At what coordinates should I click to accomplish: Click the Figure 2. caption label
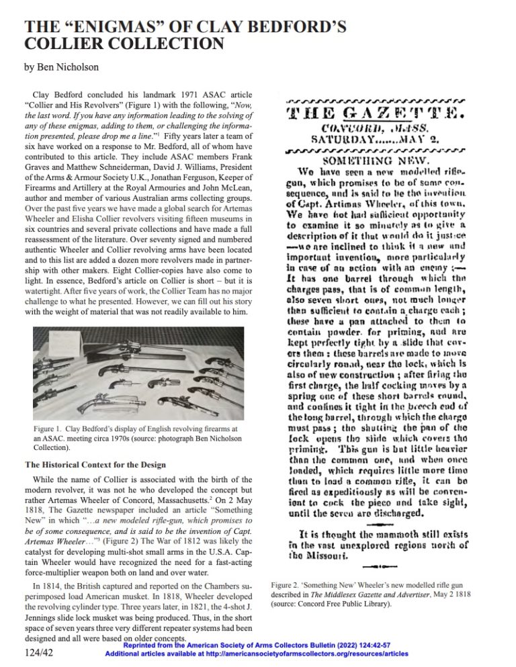(289, 585)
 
